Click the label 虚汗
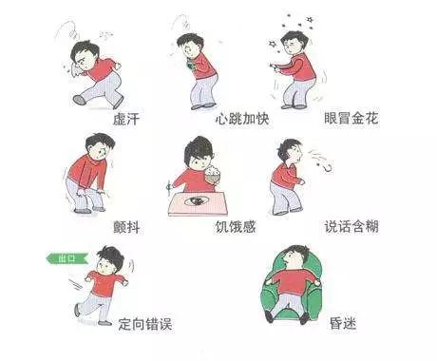coord(126,119)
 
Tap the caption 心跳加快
coord(242,119)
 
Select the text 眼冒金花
coord(351,118)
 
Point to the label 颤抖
coord(126,227)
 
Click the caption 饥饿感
coord(236,227)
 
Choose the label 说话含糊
coord(351,226)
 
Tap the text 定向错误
coord(145,324)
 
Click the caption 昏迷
coord(343,323)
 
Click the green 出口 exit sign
coord(67,258)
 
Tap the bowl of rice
coord(212,175)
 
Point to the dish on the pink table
coord(197,200)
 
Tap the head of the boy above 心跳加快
coord(189,46)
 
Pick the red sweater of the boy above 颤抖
coord(86,171)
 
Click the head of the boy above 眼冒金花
coord(294,43)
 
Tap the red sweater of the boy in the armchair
coord(293,282)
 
